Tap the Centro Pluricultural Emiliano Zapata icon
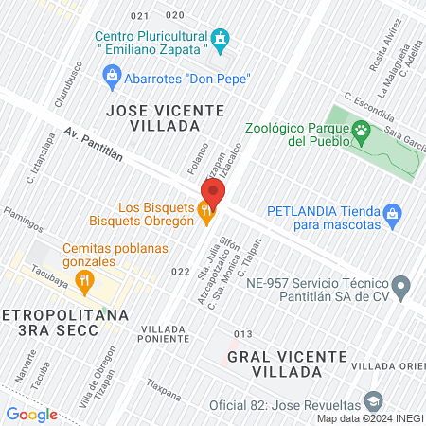221,39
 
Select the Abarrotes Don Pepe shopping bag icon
112,75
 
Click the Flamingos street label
23,220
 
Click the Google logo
31,414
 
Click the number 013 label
242,333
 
